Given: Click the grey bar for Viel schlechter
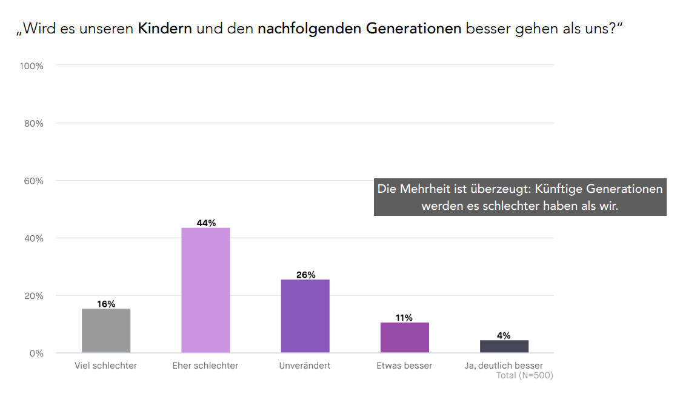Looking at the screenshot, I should pyautogui.click(x=106, y=330).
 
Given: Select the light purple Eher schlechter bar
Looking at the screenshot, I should pyautogui.click(x=205, y=290).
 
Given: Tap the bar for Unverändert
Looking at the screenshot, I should pyautogui.click(x=305, y=316).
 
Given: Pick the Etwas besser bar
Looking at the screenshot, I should pyautogui.click(x=404, y=337).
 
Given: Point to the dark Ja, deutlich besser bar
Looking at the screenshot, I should pyautogui.click(x=504, y=346).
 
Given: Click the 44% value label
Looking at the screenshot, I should pyautogui.click(x=206, y=223).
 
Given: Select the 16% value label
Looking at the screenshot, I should pyautogui.click(x=106, y=304).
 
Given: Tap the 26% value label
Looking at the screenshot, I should pyautogui.click(x=305, y=275).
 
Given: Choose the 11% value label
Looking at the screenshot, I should pyautogui.click(x=404, y=318).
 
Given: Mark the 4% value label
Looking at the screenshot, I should pyautogui.click(x=504, y=335).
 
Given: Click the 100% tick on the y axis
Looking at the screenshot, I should pyautogui.click(x=32, y=65).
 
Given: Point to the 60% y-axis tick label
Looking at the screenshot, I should pyautogui.click(x=33, y=181).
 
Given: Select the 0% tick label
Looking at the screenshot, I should pyautogui.click(x=36, y=353).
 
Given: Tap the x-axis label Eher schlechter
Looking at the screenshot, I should pyautogui.click(x=205, y=366).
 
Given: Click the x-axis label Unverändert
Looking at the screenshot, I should pyautogui.click(x=305, y=366).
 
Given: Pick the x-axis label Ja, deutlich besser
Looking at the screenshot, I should pyautogui.click(x=504, y=366).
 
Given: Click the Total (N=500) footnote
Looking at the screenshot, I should pyautogui.click(x=524, y=375).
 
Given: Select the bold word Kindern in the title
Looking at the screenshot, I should pyautogui.click(x=165, y=28).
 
